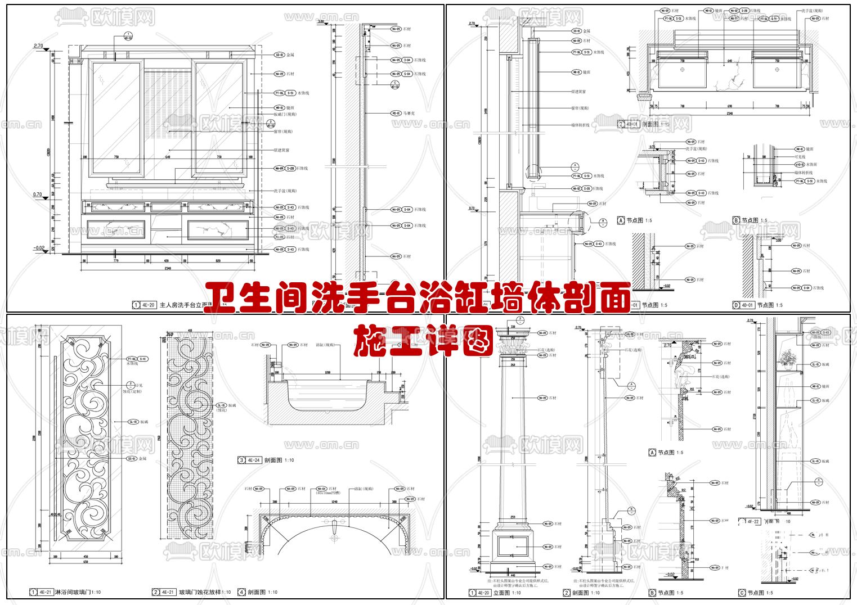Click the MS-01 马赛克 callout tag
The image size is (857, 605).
pos(396,113)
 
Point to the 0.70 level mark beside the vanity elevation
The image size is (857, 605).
pos(38,195)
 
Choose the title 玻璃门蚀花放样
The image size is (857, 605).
pos(204,592)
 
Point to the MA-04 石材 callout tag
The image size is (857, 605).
pos(321,489)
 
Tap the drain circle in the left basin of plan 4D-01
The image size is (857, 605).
pos(682,70)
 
